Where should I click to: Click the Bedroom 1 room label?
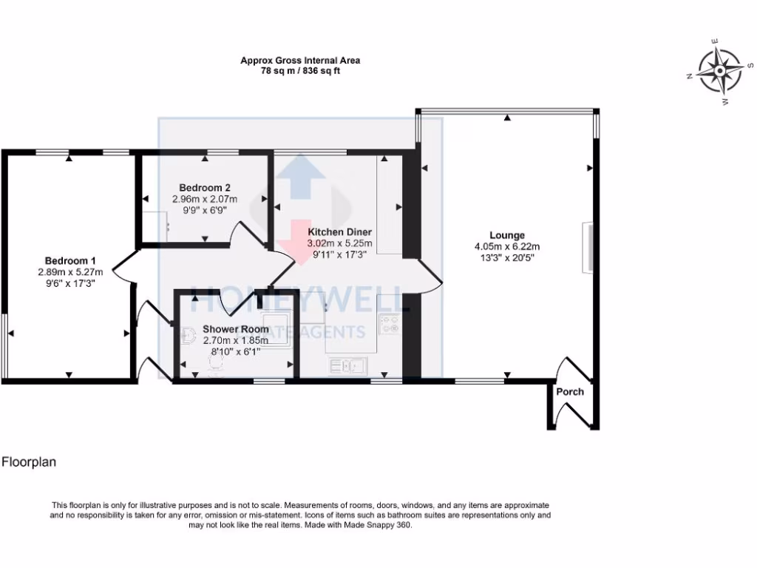[x=70, y=260]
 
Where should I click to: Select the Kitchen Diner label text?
[x=340, y=231]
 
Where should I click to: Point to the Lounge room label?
[x=507, y=235]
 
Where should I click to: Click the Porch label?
[x=570, y=392]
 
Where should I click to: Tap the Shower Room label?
[x=236, y=329]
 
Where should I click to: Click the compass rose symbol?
[x=719, y=72]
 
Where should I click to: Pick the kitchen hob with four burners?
[x=389, y=322]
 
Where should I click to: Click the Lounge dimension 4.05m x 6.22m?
[x=507, y=247]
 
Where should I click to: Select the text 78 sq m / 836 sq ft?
[x=300, y=72]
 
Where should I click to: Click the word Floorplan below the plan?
[x=29, y=462]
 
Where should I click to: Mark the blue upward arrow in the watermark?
[x=299, y=175]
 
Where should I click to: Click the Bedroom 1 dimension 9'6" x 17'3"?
[x=70, y=283]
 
